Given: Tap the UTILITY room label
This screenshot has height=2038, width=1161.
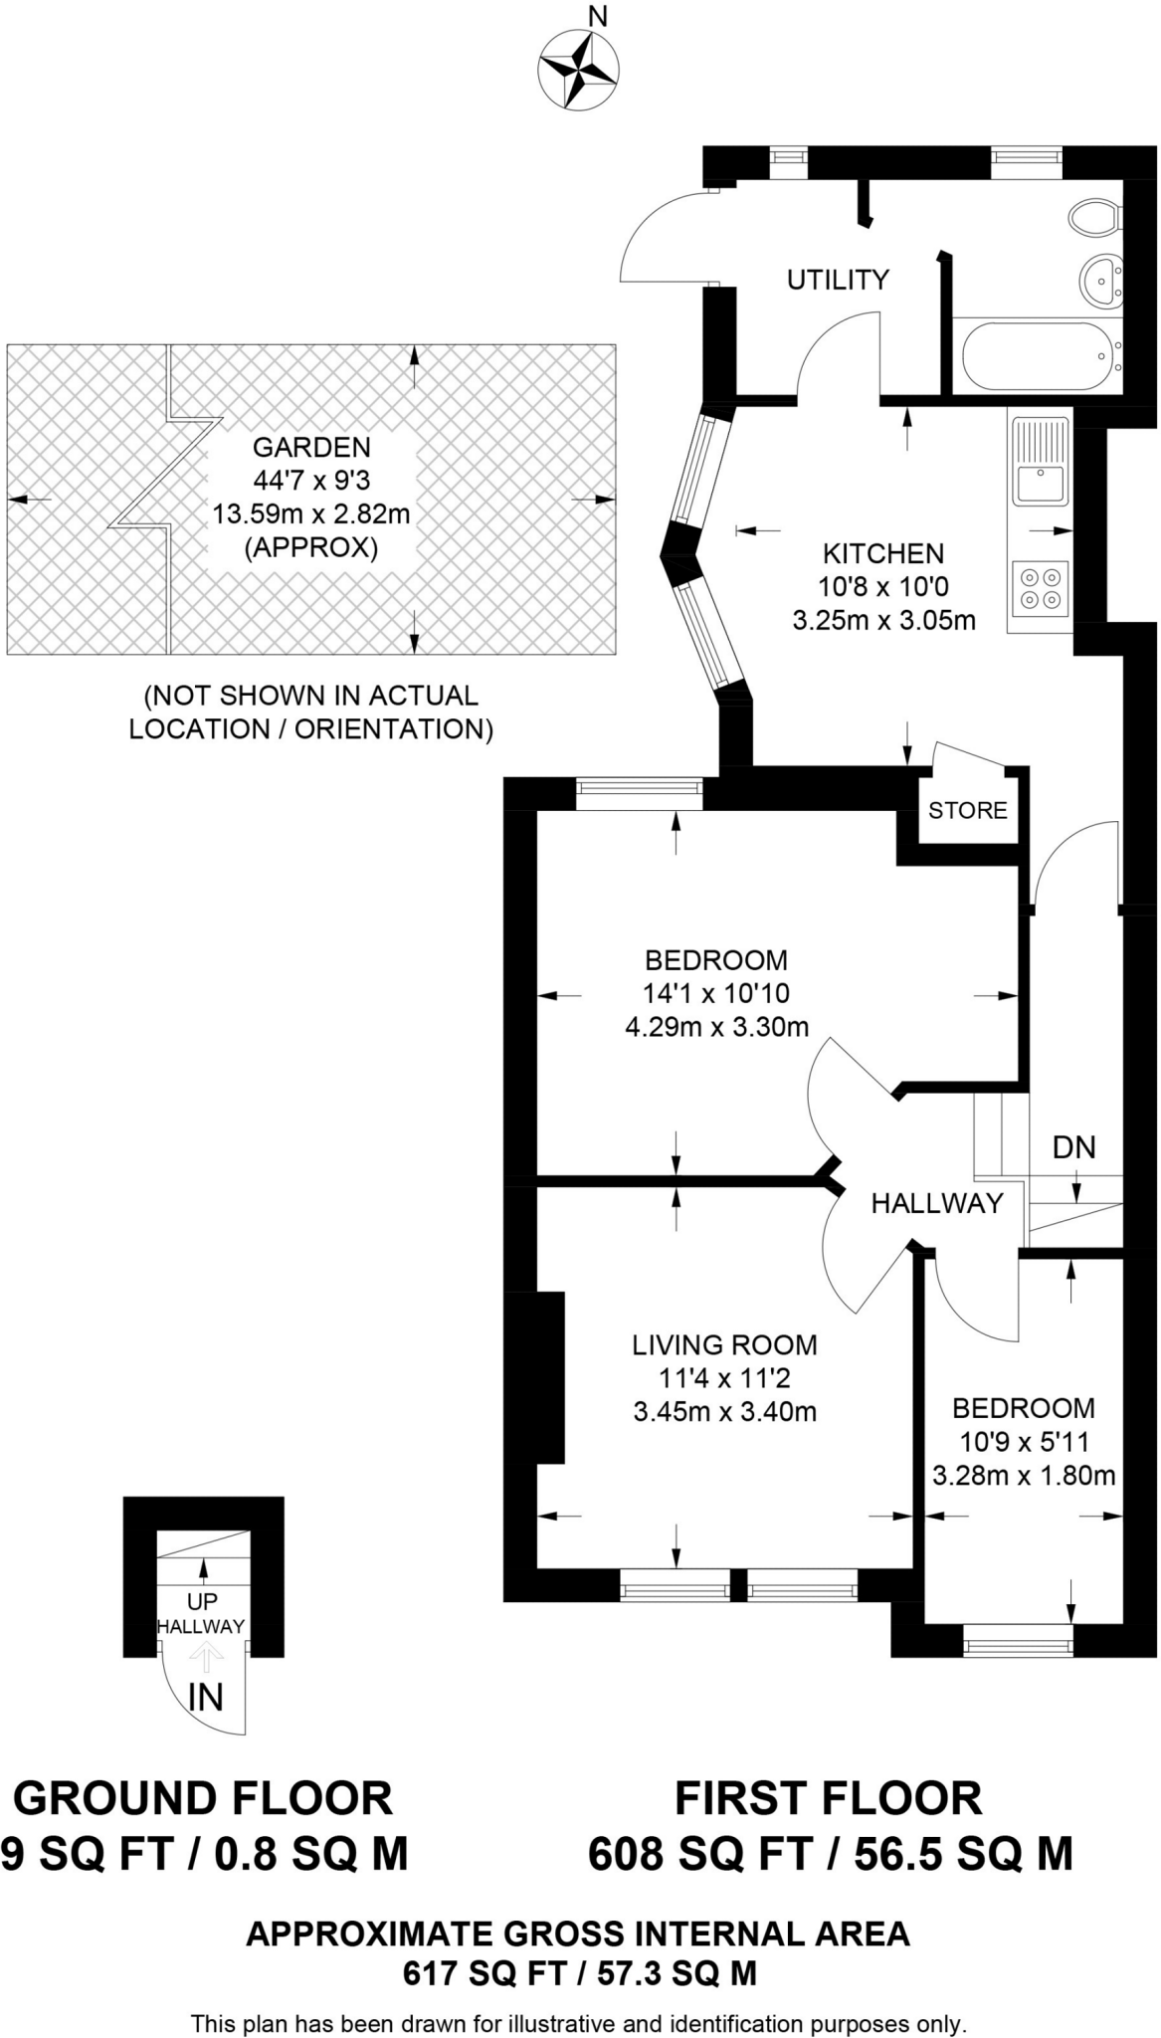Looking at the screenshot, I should [x=838, y=280].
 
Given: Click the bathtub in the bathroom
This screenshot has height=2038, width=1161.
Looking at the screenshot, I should [x=1035, y=356].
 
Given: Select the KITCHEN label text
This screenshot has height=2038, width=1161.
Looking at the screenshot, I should [x=882, y=553].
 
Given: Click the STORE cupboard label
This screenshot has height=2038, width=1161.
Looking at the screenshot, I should [x=967, y=810].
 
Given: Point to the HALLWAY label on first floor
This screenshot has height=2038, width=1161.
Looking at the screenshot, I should [x=937, y=1204].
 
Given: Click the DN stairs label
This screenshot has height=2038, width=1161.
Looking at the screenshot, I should [x=1073, y=1147].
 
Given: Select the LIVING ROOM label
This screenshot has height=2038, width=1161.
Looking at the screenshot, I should [x=724, y=1345].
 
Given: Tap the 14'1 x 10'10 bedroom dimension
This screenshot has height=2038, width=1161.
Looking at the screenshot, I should [x=716, y=993].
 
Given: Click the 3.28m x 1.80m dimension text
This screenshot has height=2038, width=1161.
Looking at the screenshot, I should [x=1024, y=1475].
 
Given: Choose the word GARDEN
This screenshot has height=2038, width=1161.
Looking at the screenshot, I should [x=311, y=448].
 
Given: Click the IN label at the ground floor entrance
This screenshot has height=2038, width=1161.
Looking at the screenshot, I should [x=205, y=1697].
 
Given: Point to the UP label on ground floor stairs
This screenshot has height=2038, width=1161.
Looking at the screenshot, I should [x=202, y=1602].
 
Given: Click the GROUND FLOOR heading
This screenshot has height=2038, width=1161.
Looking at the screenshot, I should [x=203, y=1798].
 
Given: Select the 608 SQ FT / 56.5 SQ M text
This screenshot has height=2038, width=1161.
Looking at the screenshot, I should [x=831, y=1854].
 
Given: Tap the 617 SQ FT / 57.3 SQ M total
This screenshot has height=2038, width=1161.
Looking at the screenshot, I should [x=580, y=1972].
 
